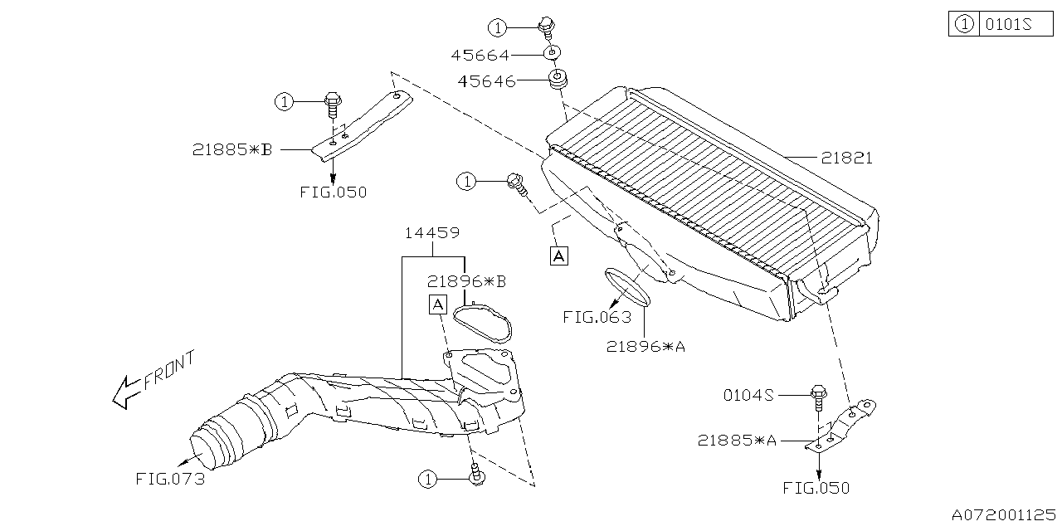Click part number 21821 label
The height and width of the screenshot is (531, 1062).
[846, 158]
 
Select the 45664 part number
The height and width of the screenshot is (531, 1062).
[480, 56]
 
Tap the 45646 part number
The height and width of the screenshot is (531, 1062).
[487, 81]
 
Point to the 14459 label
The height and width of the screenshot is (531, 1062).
[431, 233]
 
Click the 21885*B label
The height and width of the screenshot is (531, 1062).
[232, 150]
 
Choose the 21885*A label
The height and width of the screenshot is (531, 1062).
[737, 441]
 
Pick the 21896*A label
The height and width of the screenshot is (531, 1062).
[645, 347]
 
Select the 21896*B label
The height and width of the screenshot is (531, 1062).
[466, 281]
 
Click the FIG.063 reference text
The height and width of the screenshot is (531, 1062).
[597, 317]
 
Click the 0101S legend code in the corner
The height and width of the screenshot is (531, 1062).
[1007, 25]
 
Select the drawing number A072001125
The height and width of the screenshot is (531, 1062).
[1005, 515]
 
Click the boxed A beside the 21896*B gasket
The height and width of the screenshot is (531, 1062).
[437, 304]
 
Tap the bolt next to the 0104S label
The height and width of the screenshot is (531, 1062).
[818, 398]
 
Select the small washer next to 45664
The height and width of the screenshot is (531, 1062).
[550, 55]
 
